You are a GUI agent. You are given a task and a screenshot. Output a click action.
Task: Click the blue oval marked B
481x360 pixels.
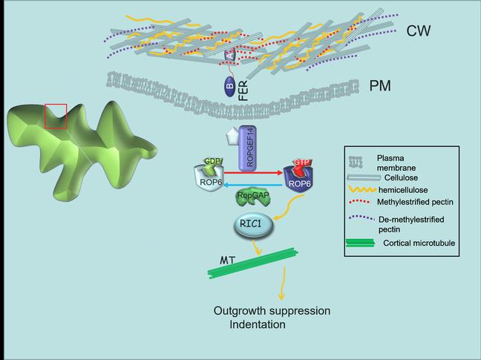pos(230,87)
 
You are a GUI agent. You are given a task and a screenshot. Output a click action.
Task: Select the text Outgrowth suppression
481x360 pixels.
pos(272,310)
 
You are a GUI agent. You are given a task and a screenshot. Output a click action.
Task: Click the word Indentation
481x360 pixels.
pos(258,325)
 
